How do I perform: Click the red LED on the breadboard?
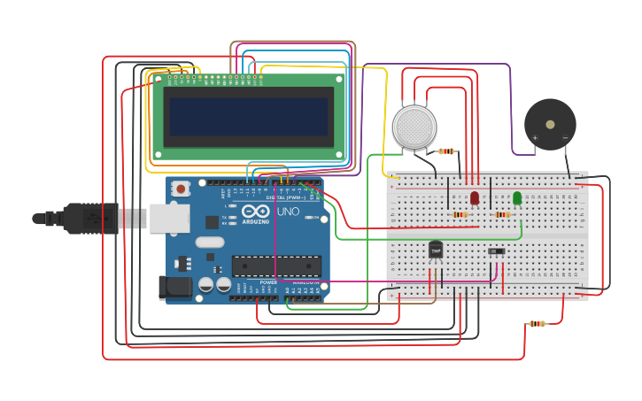point(475,197)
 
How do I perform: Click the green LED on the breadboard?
point(517,197)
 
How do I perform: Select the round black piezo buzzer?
point(550,125)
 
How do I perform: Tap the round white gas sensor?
point(414,127)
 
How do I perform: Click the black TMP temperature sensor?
point(436,251)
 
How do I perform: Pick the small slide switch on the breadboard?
point(497,251)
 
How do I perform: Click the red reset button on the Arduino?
point(181,188)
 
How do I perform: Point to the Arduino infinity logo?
point(255,212)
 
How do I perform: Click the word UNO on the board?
point(288,212)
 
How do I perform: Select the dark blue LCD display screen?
point(248,116)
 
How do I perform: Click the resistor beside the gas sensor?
point(446,151)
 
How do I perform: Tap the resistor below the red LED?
point(460,214)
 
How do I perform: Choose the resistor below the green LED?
point(502,214)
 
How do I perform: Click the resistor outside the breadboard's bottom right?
point(537,324)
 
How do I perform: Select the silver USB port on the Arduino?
point(169,218)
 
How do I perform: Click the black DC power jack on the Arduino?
point(174,286)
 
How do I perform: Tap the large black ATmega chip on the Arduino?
point(276,266)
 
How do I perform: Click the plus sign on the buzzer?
point(535,137)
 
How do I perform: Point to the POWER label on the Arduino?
point(267,282)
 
